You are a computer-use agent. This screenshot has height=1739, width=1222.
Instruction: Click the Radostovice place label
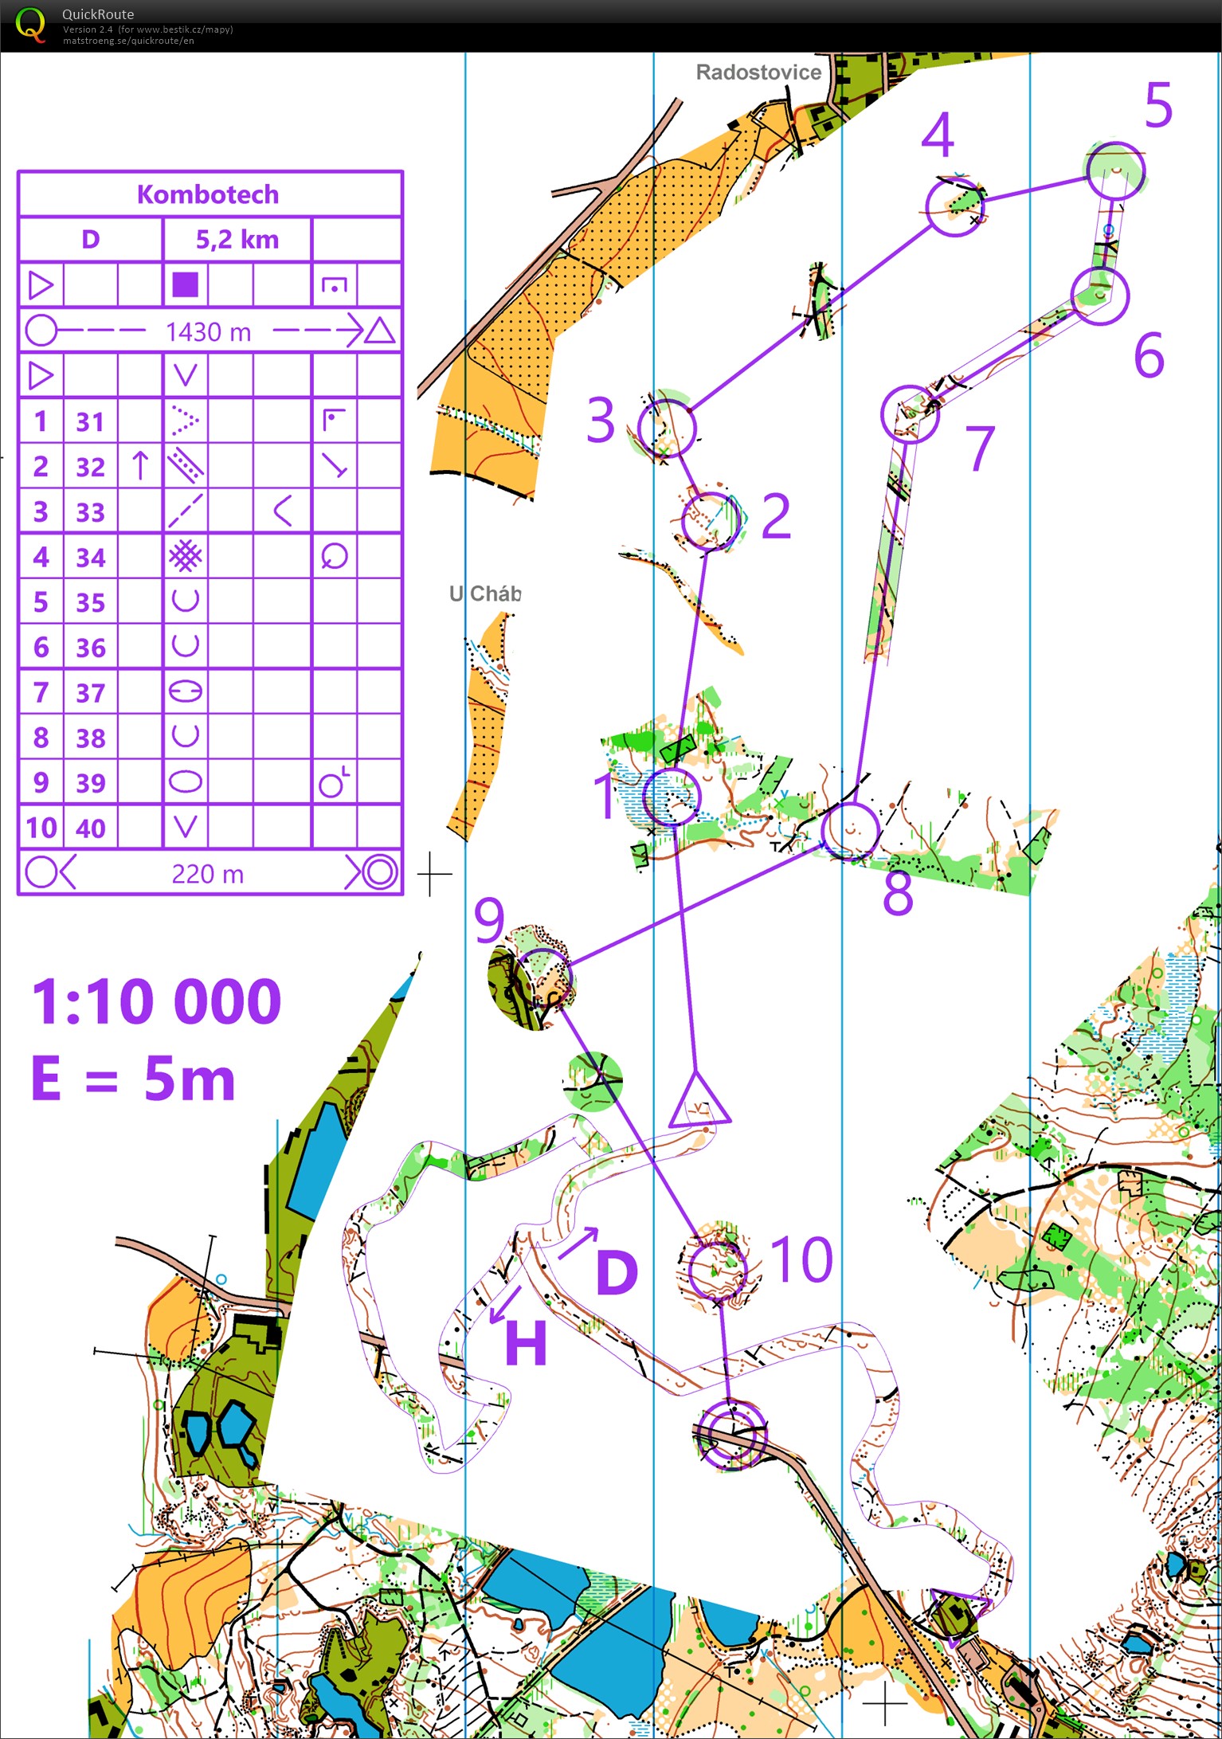[x=758, y=72]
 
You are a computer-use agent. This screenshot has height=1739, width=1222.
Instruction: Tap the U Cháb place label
[x=485, y=593]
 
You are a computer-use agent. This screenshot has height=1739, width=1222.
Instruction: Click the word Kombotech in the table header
[x=208, y=194]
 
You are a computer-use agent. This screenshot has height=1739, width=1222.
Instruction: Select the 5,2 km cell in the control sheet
[x=237, y=239]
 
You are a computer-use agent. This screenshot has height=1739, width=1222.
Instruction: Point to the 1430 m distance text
[x=208, y=331]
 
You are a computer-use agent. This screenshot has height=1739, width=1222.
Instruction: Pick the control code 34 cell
[x=90, y=558]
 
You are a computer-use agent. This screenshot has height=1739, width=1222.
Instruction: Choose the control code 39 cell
[x=90, y=783]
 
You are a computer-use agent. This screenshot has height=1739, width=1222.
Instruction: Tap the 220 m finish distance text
[x=207, y=874]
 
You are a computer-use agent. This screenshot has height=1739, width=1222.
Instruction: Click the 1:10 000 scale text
[x=156, y=1001]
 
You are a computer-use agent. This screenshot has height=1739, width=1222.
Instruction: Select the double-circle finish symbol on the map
[x=730, y=1433]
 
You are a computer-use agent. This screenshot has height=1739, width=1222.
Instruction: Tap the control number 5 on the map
[x=1159, y=105]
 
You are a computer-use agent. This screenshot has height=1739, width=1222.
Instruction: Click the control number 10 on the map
[x=801, y=1259]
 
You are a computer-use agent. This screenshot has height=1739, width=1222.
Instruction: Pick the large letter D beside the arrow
[x=617, y=1272]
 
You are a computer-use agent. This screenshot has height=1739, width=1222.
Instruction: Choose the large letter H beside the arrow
[x=526, y=1343]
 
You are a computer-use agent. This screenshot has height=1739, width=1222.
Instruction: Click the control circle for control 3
[x=667, y=428]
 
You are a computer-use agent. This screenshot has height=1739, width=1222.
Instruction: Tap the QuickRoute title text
[x=98, y=14]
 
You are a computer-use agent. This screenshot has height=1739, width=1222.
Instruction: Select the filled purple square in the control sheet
[x=185, y=284]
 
